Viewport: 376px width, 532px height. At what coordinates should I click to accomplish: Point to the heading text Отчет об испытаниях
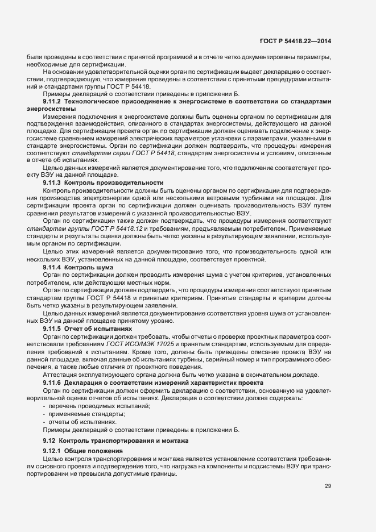tap(98, 329)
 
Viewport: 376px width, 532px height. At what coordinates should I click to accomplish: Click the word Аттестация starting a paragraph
tap(60, 375)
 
